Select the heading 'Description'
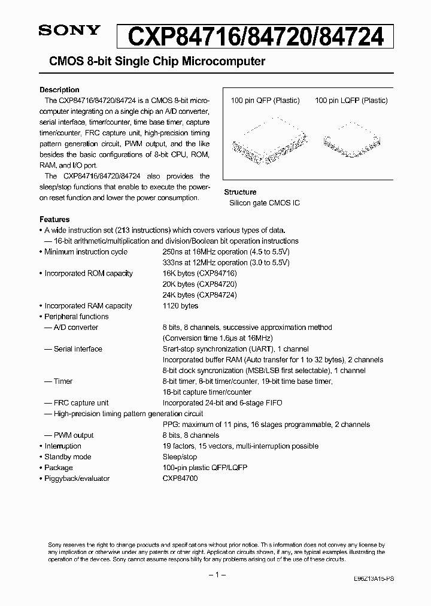coord(59,90)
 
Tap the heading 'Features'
coord(54,219)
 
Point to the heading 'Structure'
coord(240,192)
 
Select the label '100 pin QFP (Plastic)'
coord(265,101)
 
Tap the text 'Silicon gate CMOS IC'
coord(265,203)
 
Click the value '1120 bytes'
coord(180,305)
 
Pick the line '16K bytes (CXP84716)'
coord(199,273)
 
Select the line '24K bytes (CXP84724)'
coord(199,295)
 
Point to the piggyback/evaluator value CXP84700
coord(180,478)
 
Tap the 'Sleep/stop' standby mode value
coord(179,456)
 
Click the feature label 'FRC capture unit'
coord(81,402)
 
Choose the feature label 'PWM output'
coord(74,435)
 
